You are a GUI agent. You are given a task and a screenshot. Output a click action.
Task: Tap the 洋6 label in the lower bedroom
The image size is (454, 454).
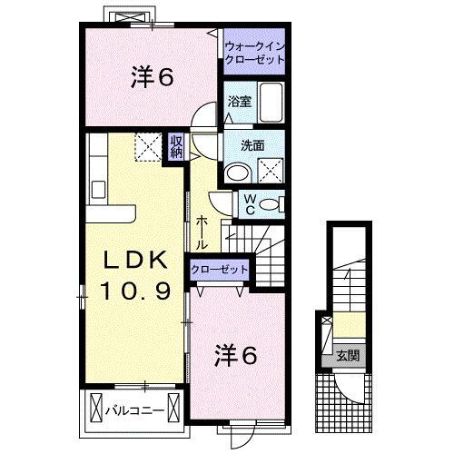(237, 356)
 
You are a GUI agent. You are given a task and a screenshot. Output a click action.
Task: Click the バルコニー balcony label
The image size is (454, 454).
(137, 410)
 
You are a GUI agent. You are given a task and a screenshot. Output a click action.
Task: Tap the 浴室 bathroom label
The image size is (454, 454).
(241, 102)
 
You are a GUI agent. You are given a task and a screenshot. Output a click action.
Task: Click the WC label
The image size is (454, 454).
(245, 205)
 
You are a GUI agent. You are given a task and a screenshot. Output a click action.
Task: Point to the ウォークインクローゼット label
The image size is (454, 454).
(254, 51)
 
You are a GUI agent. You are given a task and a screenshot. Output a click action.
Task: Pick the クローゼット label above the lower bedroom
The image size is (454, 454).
(220, 270)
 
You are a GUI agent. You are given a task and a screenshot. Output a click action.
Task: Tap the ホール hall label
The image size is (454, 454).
(202, 233)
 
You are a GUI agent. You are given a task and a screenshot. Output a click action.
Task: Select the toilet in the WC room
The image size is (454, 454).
(270, 205)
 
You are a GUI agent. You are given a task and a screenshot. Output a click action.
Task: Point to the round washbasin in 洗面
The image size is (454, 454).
(235, 173)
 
